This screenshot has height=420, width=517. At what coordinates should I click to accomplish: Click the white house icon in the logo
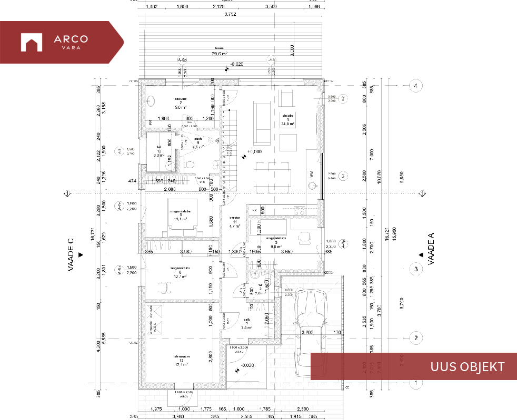click(31, 42)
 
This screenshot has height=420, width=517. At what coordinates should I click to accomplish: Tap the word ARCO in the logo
click(71, 38)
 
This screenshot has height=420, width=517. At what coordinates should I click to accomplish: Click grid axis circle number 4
click(416, 86)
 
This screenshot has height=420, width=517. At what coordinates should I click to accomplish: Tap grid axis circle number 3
click(416, 269)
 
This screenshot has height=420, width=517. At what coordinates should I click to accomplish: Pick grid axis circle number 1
click(416, 383)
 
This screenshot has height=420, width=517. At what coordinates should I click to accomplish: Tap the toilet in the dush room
click(189, 164)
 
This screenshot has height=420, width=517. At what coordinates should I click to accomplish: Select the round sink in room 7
click(152, 101)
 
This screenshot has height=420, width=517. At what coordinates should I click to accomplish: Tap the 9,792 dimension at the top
click(230, 14)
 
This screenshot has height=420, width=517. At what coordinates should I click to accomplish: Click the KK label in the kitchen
click(254, 210)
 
